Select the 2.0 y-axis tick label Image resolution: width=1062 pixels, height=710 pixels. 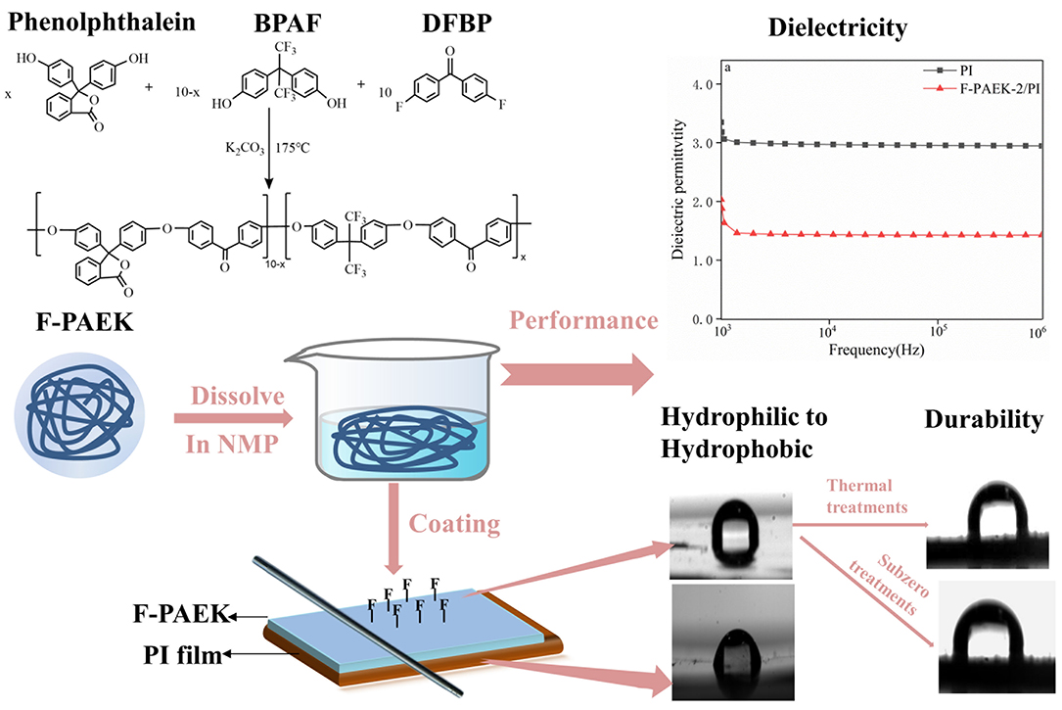[x=703, y=202]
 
